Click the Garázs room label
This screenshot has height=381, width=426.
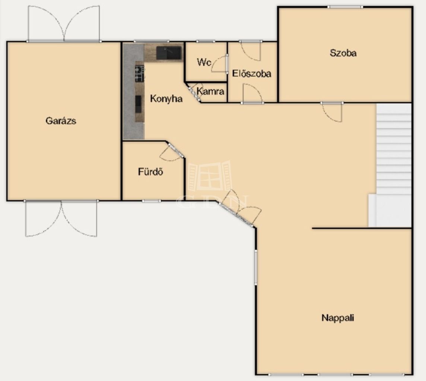[x=61, y=121]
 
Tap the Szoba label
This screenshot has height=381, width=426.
[x=343, y=53]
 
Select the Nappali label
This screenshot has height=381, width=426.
[x=338, y=318]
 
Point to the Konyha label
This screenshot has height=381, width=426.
[x=166, y=99]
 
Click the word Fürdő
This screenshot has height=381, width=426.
[x=150, y=172]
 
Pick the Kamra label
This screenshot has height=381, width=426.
[x=210, y=92]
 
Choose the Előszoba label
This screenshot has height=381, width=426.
[x=252, y=74]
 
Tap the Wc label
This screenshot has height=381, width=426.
[x=204, y=62]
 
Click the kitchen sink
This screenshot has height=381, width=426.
[x=169, y=53]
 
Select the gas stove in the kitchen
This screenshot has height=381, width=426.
[x=139, y=73]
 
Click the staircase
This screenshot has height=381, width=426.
[x=394, y=165]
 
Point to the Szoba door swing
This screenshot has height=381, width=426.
[x=332, y=112]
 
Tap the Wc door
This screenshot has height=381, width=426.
[x=220, y=64]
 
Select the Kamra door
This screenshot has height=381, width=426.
[x=194, y=93]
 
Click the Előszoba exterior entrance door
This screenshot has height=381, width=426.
[x=251, y=51]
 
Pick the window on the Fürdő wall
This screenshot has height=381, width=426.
[x=151, y=201]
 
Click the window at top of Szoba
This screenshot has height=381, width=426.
[x=345, y=7]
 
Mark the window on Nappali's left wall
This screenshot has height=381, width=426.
[x=256, y=267]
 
